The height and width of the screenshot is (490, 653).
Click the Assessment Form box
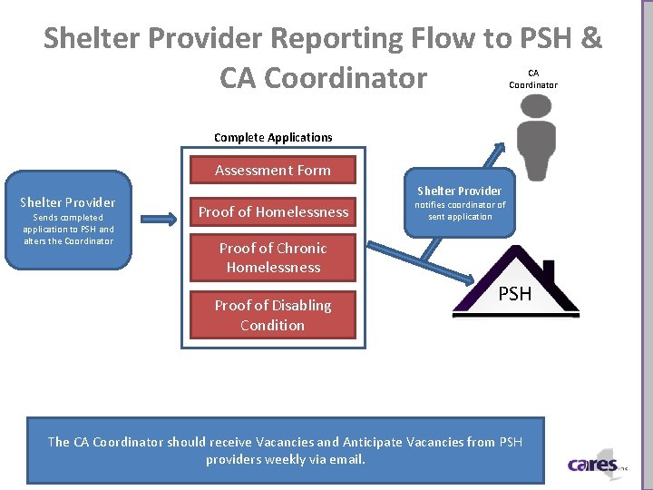[273, 171]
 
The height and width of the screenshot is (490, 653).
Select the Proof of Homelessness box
[273, 212]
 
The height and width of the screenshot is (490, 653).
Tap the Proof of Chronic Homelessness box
[273, 258]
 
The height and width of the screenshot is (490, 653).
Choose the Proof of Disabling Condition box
[273, 315]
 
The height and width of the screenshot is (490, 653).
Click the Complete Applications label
[273, 138]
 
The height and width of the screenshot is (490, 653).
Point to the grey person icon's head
[534, 106]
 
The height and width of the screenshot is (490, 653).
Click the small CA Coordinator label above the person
[533, 79]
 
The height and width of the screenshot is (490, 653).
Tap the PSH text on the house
[515, 293]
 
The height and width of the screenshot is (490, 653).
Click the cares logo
[593, 465]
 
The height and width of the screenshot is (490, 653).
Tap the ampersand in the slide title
[590, 38]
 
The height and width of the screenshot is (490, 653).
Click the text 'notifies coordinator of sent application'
[460, 211]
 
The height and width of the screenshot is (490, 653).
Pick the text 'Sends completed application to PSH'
[68, 223]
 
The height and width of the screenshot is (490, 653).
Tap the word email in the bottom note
[346, 459]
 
